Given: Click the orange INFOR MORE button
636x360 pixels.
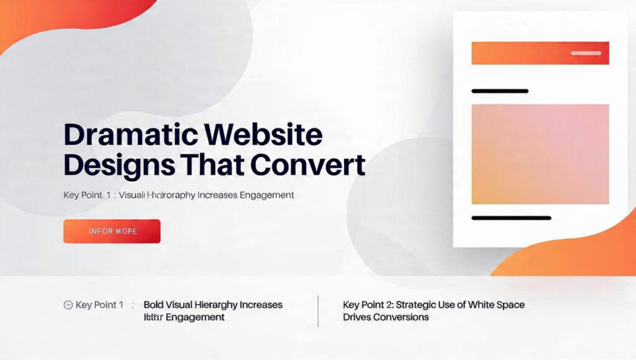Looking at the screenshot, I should point(112,231).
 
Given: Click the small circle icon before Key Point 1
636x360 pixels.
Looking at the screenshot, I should point(68,305).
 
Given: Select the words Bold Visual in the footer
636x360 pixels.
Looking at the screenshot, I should point(168,305).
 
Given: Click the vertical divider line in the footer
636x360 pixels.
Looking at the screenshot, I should point(318,310).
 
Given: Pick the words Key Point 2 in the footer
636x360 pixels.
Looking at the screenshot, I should point(368,305).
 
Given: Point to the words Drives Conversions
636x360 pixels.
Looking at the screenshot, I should point(386,317).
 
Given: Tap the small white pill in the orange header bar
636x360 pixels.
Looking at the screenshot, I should point(586,53).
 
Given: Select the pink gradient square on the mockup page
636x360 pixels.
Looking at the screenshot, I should point(540,154).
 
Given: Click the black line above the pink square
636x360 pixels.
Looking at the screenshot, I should point(500,91).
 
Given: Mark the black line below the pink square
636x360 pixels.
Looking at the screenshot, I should point(511,218).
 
